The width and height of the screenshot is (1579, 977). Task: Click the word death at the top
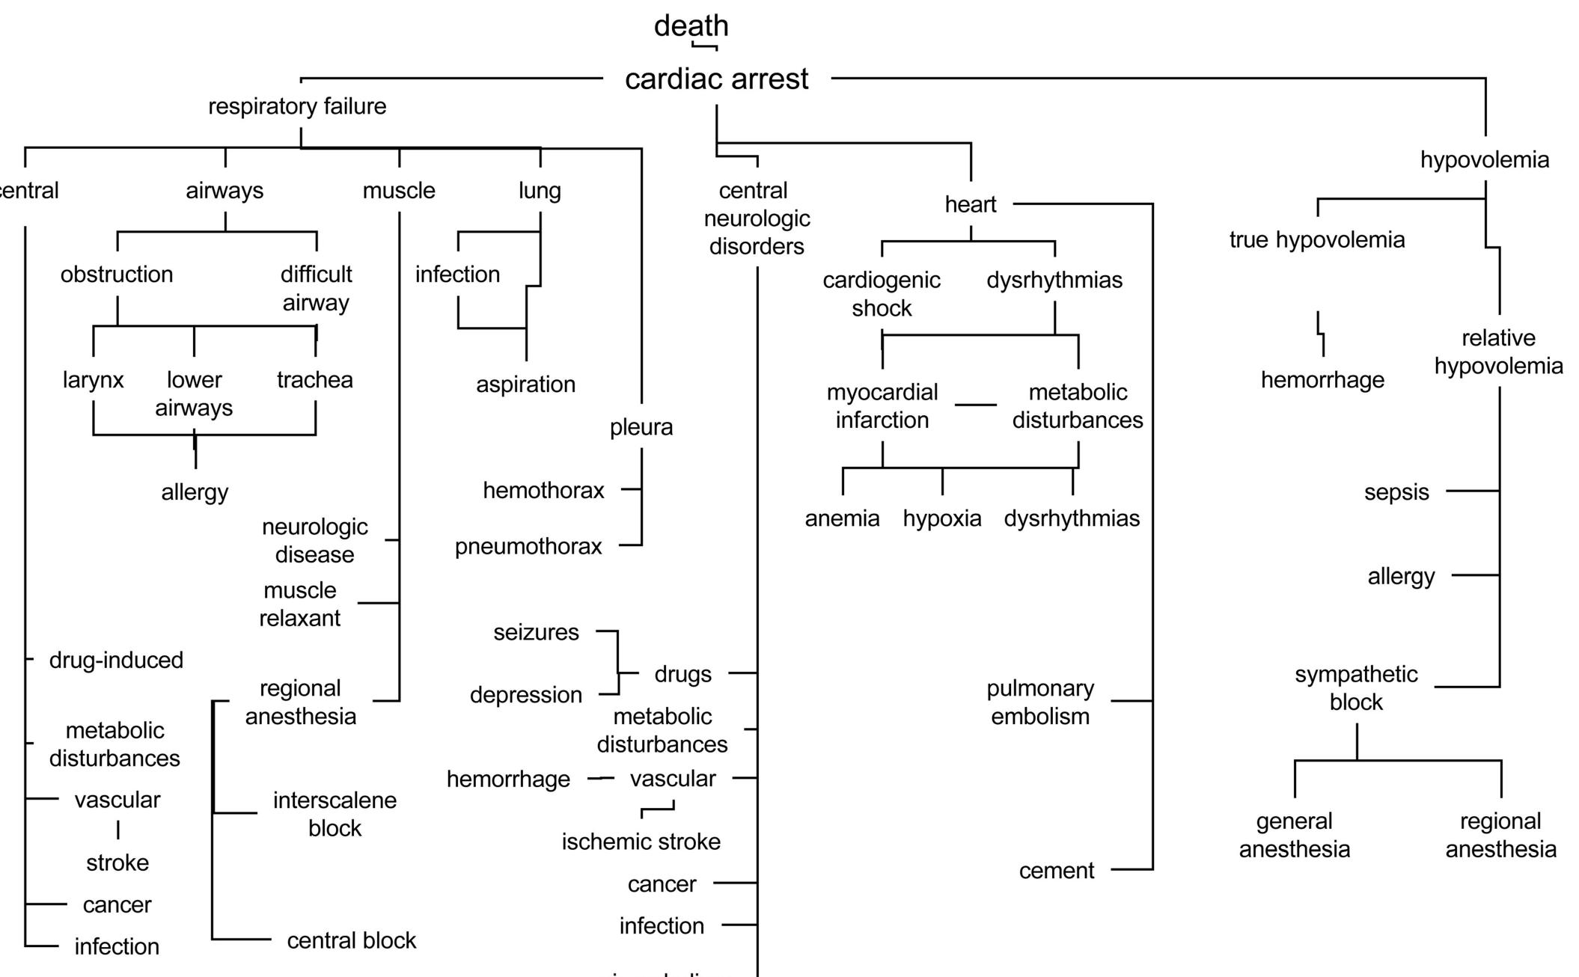pyautogui.click(x=691, y=25)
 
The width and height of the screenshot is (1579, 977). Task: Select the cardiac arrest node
pyautogui.click(x=716, y=79)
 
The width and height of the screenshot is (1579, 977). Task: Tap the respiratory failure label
pyautogui.click(x=297, y=106)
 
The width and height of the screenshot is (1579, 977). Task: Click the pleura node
pyautogui.click(x=641, y=427)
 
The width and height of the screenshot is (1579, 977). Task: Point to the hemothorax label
pyautogui.click(x=543, y=491)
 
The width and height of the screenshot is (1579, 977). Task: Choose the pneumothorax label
pyautogui.click(x=528, y=547)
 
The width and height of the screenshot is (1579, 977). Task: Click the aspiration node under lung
pyautogui.click(x=525, y=385)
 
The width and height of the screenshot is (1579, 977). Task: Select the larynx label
pyautogui.click(x=93, y=380)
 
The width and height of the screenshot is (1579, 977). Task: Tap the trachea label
pyautogui.click(x=315, y=380)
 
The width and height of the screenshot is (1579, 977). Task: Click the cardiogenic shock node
pyautogui.click(x=882, y=294)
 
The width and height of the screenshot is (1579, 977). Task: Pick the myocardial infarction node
pyautogui.click(x=882, y=406)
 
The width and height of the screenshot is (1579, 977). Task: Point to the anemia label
pyautogui.click(x=842, y=518)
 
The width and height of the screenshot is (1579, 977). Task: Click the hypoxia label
pyautogui.click(x=941, y=518)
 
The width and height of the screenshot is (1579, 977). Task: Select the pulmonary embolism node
pyautogui.click(x=1040, y=702)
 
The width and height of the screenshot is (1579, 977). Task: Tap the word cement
pyautogui.click(x=1056, y=871)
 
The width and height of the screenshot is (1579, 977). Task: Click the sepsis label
pyautogui.click(x=1396, y=492)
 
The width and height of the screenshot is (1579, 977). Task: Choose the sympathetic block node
pyautogui.click(x=1356, y=688)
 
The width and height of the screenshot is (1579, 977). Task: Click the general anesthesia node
pyautogui.click(x=1294, y=835)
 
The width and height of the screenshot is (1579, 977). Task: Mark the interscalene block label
pyautogui.click(x=335, y=814)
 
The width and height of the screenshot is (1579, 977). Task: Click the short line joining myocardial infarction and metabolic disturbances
pyautogui.click(x=976, y=405)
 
